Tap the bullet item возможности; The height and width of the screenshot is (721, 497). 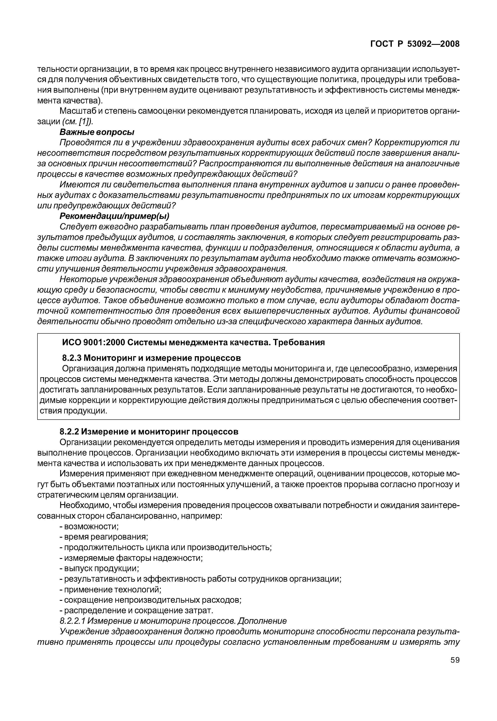point(91,526)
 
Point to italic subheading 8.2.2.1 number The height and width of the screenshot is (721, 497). point(72,621)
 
